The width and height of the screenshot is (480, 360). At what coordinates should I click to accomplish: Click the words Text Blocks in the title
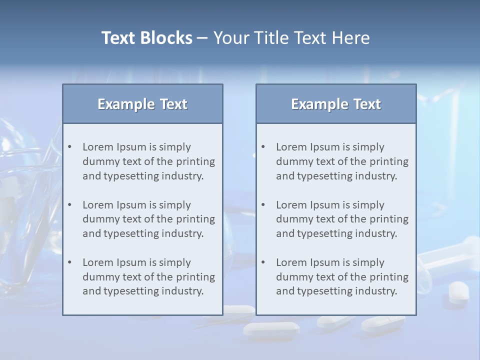pos(146,38)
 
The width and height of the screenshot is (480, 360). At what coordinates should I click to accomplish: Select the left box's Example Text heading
pos(142,104)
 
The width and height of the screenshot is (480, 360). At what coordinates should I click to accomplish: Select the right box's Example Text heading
pos(336,104)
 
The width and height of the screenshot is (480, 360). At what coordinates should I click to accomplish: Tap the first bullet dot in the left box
pos(69,147)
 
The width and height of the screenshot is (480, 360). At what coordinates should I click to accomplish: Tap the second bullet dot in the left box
pos(69,205)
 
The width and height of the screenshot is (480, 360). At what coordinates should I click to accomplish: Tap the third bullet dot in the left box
pos(69,262)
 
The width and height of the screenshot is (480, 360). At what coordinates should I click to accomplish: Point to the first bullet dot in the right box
pos(263,147)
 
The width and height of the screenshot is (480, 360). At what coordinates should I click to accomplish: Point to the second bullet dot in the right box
pos(263,205)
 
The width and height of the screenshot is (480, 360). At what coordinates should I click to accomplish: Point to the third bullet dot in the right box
pos(263,262)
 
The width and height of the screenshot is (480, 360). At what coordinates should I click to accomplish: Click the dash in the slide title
pos(202,38)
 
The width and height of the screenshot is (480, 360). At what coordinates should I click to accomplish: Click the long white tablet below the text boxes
pos(270,328)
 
